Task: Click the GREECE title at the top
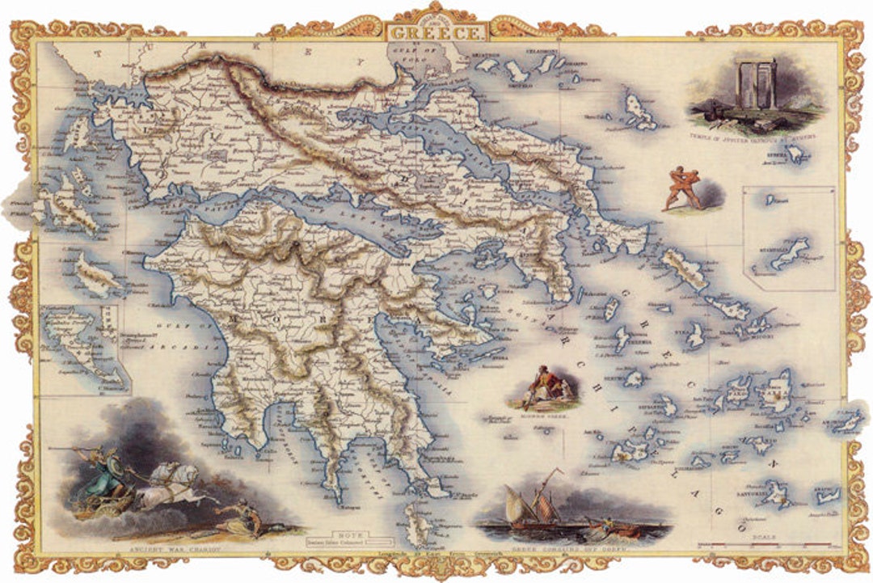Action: pyautogui.click(x=437, y=33)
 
